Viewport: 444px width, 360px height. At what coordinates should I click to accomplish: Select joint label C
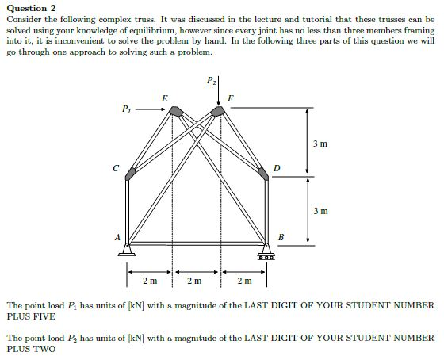(x=116, y=167)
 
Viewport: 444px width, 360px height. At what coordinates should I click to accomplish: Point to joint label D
(x=276, y=168)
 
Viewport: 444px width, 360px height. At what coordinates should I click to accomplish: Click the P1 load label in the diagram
(x=127, y=109)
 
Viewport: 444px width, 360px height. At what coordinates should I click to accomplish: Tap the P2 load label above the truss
(x=210, y=80)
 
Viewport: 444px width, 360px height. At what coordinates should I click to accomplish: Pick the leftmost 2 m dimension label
(x=150, y=281)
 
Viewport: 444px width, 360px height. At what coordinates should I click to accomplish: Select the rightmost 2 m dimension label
(x=244, y=281)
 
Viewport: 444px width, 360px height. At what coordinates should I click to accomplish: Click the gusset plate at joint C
(x=131, y=170)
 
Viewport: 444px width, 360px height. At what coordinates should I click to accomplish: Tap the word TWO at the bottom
(x=48, y=349)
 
